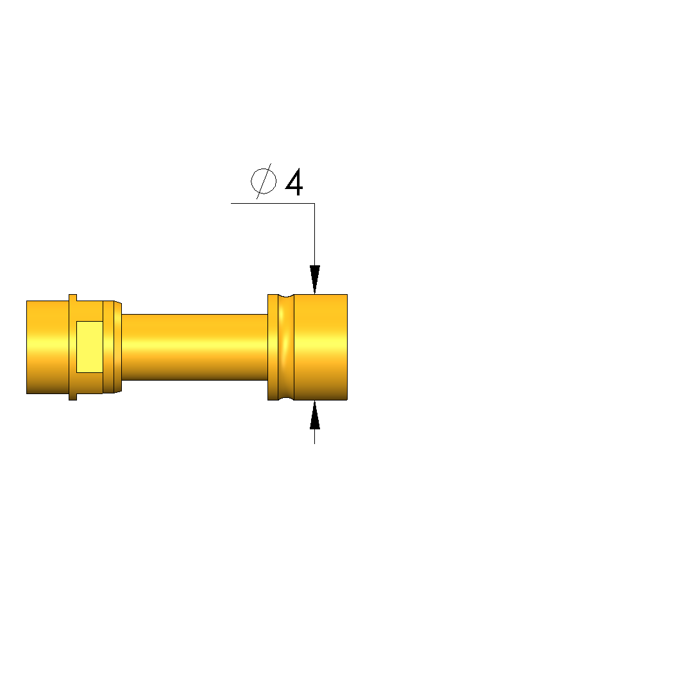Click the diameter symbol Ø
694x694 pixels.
(264, 181)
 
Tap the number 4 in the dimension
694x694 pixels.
(294, 181)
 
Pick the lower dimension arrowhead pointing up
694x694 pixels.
(314, 415)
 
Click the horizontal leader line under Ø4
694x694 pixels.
(273, 204)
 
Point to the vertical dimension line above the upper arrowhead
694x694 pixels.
(314, 235)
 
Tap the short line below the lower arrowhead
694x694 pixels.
(314, 436)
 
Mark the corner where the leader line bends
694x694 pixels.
(314, 204)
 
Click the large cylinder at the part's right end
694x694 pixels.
(321, 347)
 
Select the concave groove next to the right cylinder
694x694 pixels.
(286, 347)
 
